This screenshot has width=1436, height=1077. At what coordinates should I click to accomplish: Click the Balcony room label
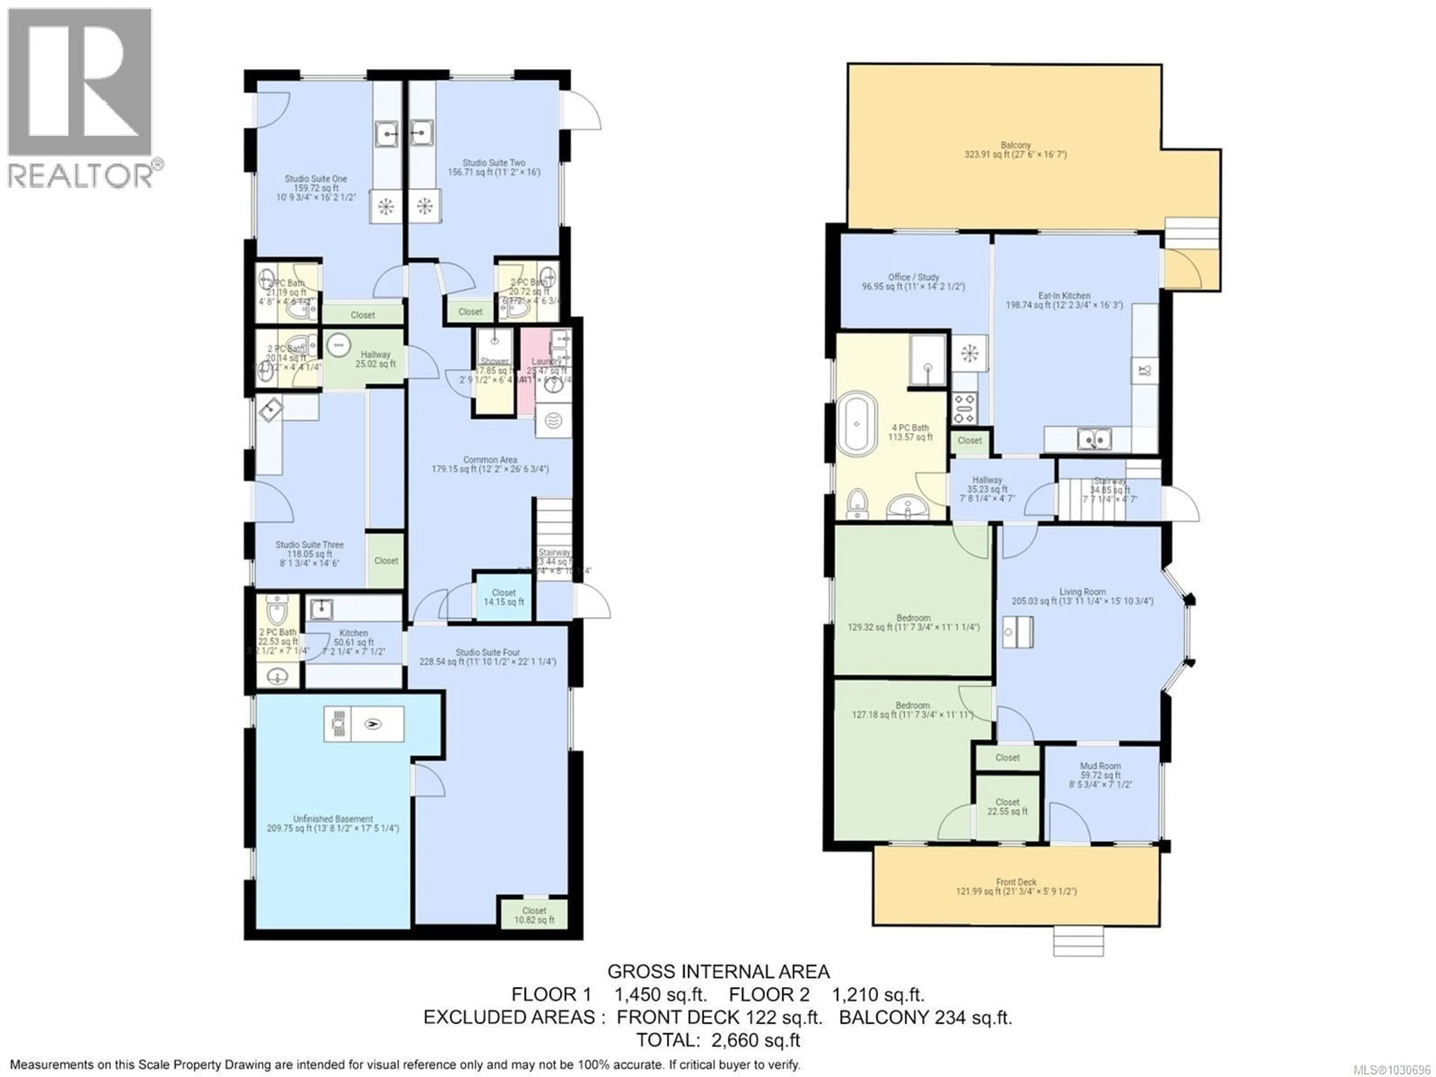(1015, 150)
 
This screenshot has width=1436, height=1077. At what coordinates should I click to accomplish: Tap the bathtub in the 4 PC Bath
(857, 424)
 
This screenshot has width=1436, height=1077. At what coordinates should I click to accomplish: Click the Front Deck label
(1016, 887)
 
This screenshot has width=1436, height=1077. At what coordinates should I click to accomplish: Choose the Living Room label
(1082, 596)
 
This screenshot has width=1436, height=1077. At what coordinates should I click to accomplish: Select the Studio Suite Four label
(488, 657)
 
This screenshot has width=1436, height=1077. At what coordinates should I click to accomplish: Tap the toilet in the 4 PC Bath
(857, 503)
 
